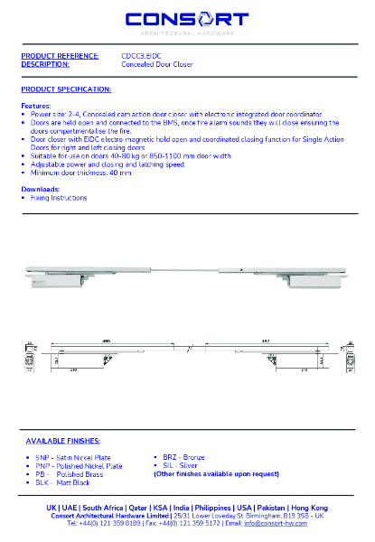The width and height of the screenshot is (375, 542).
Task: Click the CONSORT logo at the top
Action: pyautogui.click(x=187, y=20)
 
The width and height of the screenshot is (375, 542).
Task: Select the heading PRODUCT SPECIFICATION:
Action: pyautogui.click(x=66, y=89)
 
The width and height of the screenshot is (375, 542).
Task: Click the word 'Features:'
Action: pyautogui.click(x=36, y=106)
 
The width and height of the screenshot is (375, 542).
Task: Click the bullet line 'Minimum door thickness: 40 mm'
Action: pyautogui.click(x=81, y=173)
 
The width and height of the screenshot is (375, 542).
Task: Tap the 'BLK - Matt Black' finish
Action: pyautogui.click(x=65, y=482)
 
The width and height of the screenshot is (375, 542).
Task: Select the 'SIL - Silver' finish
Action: pyautogui.click(x=180, y=466)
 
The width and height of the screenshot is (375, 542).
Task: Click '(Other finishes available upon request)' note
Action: pyautogui.click(x=216, y=473)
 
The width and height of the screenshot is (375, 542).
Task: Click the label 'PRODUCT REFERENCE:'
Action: pyautogui.click(x=60, y=56)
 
